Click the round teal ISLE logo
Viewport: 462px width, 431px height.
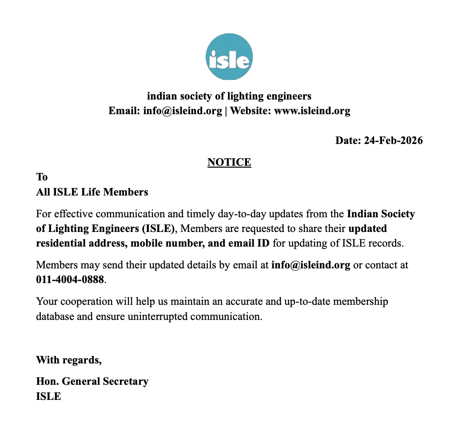[x=229, y=57]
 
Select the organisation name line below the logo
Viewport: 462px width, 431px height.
[x=229, y=96]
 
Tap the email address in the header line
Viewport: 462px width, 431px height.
[x=183, y=111]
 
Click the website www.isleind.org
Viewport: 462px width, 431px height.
[x=312, y=111]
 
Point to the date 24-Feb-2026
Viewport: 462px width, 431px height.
[x=393, y=140]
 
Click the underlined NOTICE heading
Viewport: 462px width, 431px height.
[x=229, y=162]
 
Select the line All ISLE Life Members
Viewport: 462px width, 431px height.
[x=92, y=192]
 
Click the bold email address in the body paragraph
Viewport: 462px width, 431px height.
[x=311, y=265]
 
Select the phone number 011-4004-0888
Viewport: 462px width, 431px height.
[x=70, y=279]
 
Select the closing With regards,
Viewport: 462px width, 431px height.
[x=69, y=359]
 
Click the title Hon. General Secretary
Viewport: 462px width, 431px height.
[x=92, y=381]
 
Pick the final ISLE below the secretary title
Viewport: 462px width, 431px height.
[x=48, y=396]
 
